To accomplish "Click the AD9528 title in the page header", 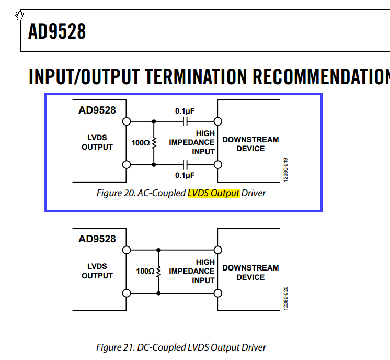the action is [x=57, y=31].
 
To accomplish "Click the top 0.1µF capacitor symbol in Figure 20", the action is [x=185, y=121].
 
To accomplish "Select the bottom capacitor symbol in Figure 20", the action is [x=185, y=165].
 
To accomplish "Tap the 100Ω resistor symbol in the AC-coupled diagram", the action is [x=154, y=143].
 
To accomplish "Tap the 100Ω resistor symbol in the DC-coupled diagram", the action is [x=159, y=272].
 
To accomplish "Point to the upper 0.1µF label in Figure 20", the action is [x=185, y=111].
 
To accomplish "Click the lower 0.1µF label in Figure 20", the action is [x=185, y=175].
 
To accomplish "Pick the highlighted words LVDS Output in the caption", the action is [x=213, y=193].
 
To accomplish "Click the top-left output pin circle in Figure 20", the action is [x=127, y=121].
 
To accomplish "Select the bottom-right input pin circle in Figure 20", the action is [x=218, y=165].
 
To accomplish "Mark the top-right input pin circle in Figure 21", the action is [x=218, y=250].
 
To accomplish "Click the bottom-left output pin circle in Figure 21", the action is [x=127, y=293].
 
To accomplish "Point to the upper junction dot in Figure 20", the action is [x=154, y=121].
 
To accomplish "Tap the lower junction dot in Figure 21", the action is [x=159, y=293].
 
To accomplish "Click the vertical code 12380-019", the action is [x=285, y=170].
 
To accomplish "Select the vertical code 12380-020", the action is [x=285, y=298].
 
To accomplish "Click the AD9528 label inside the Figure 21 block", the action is [x=97, y=239].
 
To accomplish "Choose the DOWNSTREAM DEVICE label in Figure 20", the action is [x=250, y=144].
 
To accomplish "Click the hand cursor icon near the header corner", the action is [x=19, y=15].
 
